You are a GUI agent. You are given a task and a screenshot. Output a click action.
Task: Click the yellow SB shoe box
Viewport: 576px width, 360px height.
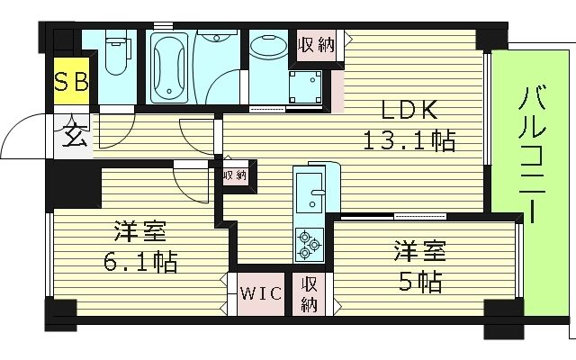pyautogui.click(x=72, y=82)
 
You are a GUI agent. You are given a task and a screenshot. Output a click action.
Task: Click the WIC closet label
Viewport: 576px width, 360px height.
pyautogui.click(x=261, y=294)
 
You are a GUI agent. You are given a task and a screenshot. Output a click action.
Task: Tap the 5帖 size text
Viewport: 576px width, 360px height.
pyautogui.click(x=420, y=283)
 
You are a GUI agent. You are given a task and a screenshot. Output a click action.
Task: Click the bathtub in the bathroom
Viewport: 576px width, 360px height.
pyautogui.click(x=168, y=67)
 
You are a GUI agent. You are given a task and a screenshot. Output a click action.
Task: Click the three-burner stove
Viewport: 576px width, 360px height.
pyautogui.click(x=310, y=241)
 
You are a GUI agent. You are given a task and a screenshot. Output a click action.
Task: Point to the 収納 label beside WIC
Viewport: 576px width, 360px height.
pyautogui.click(x=309, y=294)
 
